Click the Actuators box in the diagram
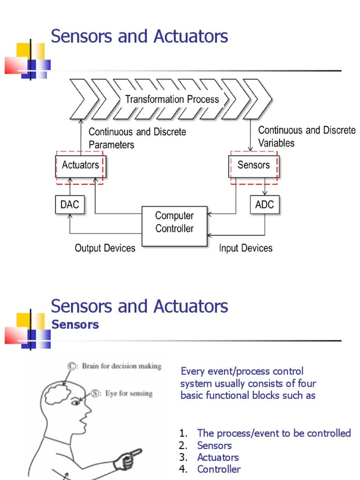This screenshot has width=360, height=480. click(81, 165)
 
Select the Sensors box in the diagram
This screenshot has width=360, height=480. click(254, 165)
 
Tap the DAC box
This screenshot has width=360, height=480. click(70, 204)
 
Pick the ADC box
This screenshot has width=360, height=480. click(265, 204)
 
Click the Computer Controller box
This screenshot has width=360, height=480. click(174, 222)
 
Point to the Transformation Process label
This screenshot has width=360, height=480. click(172, 99)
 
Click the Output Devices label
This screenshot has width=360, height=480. click(105, 248)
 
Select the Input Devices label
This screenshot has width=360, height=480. click(246, 248)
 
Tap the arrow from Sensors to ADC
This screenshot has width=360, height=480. click(265, 187)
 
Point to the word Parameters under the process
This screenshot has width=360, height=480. click(112, 145)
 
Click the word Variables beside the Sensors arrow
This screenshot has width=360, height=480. click(277, 142)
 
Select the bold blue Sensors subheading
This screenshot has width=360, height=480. click(75, 324)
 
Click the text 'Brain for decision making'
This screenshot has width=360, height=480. click(121, 366)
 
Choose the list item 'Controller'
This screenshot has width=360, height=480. click(218, 469)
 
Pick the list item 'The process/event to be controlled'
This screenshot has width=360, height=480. click(274, 433)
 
